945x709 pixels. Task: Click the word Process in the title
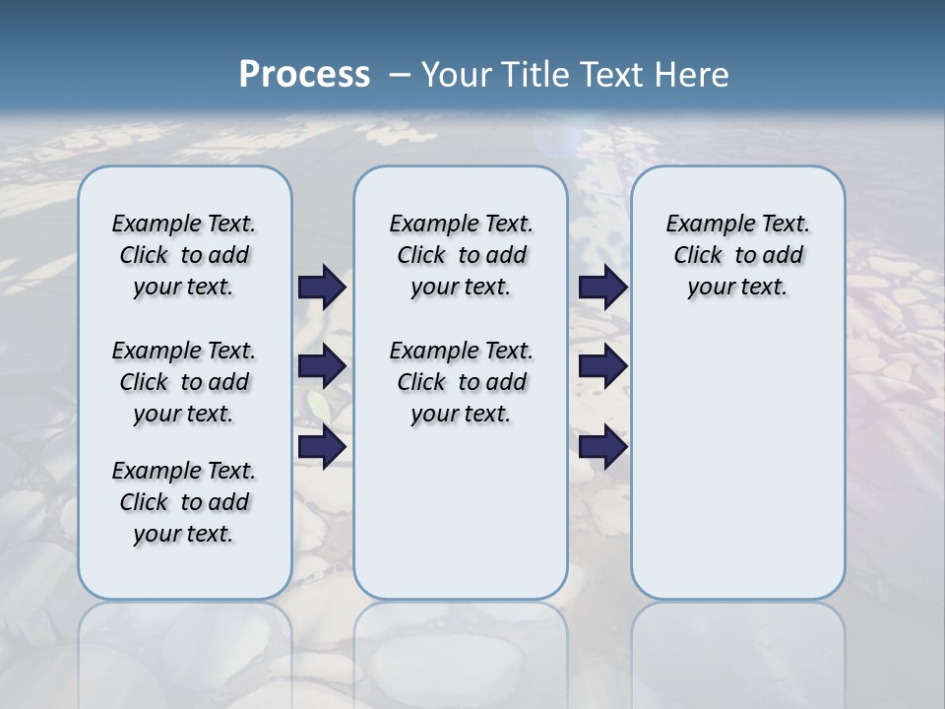[304, 74]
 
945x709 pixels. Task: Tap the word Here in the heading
[693, 75]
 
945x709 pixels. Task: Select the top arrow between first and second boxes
[322, 288]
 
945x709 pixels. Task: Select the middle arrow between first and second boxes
[322, 366]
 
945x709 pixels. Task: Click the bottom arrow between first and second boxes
[322, 447]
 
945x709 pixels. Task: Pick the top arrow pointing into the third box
[602, 288]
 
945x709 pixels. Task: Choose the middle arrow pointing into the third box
[602, 366]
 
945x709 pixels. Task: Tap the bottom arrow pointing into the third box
[602, 447]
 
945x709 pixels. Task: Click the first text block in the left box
[184, 255]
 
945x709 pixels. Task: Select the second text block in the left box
[184, 382]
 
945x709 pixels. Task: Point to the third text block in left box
[184, 502]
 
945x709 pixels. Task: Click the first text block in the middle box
[461, 255]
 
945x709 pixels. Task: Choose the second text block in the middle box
[461, 382]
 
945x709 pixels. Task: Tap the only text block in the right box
[737, 255]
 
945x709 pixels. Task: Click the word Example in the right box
[703, 225]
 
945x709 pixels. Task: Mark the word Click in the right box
[698, 256]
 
